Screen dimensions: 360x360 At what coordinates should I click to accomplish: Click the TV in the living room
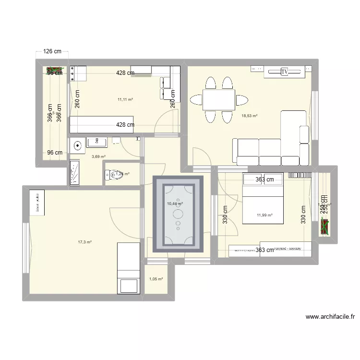(x=284, y=72)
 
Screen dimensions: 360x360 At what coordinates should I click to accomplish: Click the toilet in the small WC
(x=112, y=175)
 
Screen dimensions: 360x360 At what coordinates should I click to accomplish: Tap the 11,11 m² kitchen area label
(x=125, y=99)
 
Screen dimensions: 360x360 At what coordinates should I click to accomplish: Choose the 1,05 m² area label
(x=156, y=279)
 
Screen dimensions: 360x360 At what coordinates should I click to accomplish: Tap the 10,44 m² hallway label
(x=174, y=204)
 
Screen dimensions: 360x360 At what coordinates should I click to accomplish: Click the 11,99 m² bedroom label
(x=264, y=215)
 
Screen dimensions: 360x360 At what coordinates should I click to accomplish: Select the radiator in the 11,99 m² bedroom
(x=300, y=176)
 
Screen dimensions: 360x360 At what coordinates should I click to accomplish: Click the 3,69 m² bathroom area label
(x=99, y=156)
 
